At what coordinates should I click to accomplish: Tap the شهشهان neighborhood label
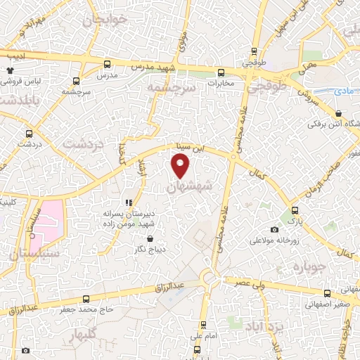point(191,188)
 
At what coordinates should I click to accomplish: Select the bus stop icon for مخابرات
point(221,72)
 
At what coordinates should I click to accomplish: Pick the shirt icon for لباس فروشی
point(10,70)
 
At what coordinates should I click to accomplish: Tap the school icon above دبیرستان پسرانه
point(128,200)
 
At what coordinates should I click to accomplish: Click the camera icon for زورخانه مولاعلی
point(274,230)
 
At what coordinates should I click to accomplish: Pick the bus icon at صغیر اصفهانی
point(327,293)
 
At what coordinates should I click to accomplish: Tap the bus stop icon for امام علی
point(204,325)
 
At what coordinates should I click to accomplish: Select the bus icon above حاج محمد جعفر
point(85,298)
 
